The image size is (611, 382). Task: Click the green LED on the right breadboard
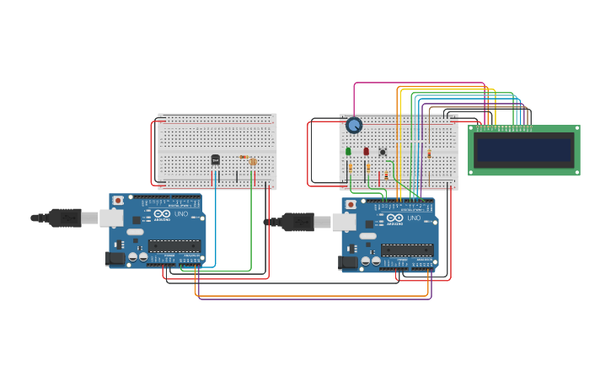[x=348, y=152]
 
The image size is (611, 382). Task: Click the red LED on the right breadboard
[x=366, y=152]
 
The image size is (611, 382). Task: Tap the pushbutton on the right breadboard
[x=383, y=152]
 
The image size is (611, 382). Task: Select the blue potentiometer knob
[x=354, y=125]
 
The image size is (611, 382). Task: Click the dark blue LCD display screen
[x=523, y=150]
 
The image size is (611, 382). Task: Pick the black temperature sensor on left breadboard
[x=216, y=159]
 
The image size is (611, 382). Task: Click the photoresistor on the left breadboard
[x=253, y=161]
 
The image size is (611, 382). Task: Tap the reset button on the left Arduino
[x=118, y=201]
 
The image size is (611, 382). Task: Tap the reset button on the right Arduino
[x=351, y=205]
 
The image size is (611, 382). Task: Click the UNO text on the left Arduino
[x=180, y=214]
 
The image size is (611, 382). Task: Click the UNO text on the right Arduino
[x=413, y=218]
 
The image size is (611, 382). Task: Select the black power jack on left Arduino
[x=115, y=258]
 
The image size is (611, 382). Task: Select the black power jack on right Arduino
[x=348, y=262]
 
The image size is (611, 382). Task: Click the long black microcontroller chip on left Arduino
[x=174, y=246]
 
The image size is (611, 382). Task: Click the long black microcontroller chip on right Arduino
[x=407, y=250]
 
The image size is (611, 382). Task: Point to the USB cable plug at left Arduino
[x=66, y=218]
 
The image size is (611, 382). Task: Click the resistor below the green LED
[x=351, y=169]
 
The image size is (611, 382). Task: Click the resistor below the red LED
[x=368, y=169]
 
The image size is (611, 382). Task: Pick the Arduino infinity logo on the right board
[x=394, y=218]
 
